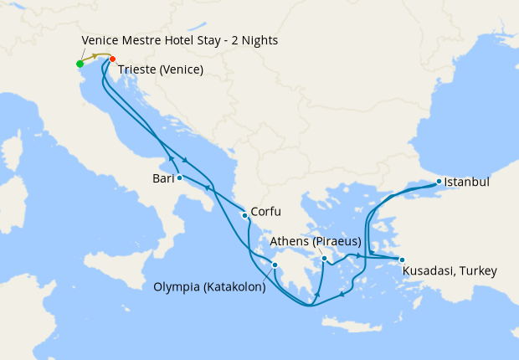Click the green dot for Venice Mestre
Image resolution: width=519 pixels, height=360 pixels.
tap(80, 64)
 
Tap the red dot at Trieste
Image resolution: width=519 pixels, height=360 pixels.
tap(113, 59)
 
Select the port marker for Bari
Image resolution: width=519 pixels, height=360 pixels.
tap(179, 177)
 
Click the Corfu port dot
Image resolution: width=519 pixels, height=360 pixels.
tap(244, 215)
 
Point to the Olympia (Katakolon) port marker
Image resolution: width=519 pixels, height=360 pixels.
tap(275, 265)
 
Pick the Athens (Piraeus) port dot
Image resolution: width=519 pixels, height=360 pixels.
tap(323, 259)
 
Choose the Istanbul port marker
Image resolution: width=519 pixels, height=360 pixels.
tap(438, 181)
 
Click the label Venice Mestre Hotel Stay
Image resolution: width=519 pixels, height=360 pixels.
tap(180, 40)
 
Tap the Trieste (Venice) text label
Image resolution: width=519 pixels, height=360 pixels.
tap(161, 69)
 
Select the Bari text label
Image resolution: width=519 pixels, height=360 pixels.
tap(162, 178)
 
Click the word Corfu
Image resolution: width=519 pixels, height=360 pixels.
tap(265, 212)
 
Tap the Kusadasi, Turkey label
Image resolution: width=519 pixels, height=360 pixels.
tap(450, 271)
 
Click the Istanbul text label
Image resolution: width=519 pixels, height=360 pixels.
tap(466, 181)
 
